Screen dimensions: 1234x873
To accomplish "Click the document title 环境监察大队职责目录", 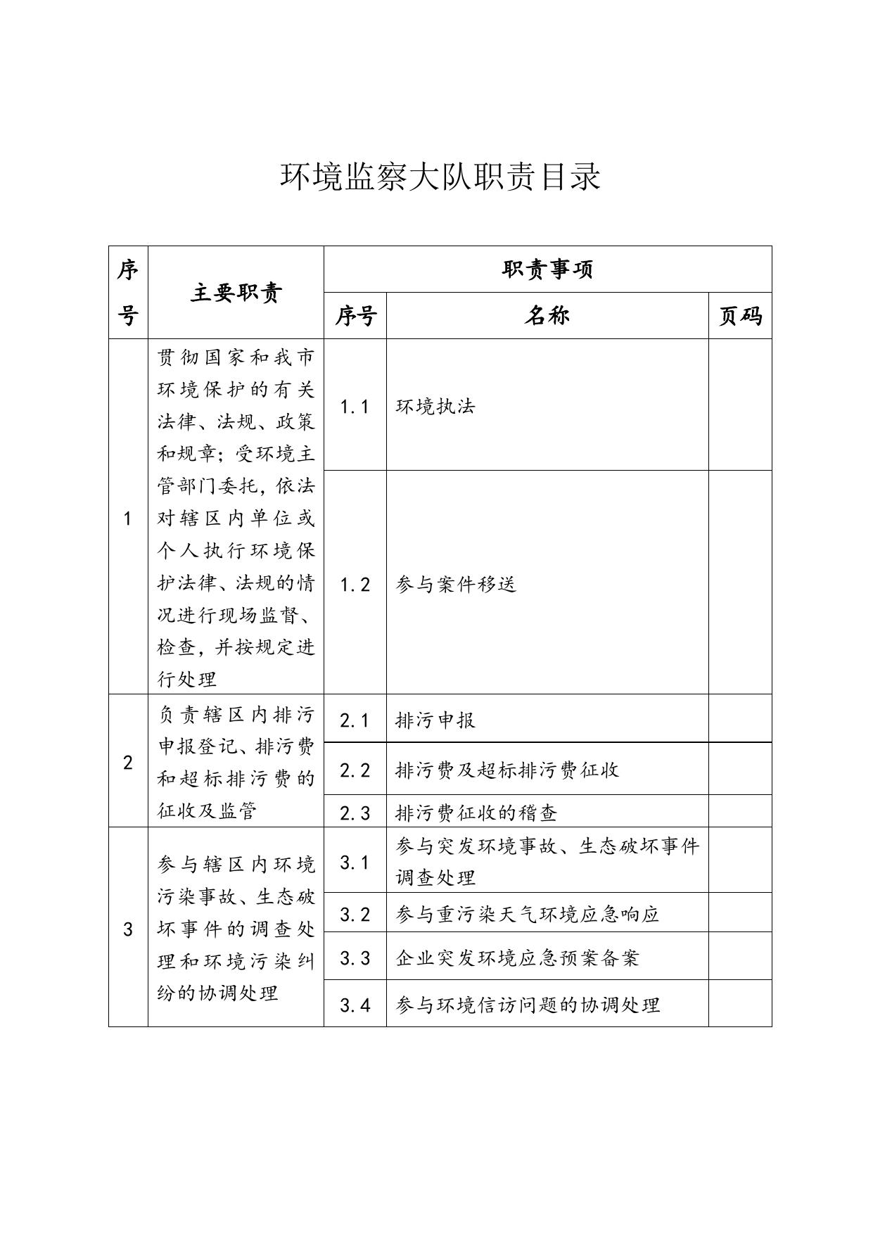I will pos(440,177).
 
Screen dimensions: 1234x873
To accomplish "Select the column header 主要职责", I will pos(236,293).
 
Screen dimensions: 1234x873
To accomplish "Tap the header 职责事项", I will pos(547,269).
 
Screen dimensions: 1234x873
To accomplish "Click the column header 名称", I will pos(547,316).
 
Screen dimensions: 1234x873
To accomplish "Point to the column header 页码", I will pos(739,316).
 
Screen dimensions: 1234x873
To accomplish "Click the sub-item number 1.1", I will pos(355,407).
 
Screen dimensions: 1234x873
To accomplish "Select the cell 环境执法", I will pos(435,407).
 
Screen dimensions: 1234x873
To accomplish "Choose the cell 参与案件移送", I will pos(456,584).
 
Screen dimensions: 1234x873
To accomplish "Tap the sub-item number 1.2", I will pos(355,584).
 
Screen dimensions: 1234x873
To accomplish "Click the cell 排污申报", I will pos(435,720).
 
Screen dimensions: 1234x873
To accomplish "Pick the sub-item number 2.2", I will pos(355,770).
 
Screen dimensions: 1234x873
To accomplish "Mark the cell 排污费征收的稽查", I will pos(476,813).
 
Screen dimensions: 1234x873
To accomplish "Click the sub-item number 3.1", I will pos(355,862).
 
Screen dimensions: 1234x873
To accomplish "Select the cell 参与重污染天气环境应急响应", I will pos(528,914).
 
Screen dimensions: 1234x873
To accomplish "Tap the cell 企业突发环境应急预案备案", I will pos(517,958).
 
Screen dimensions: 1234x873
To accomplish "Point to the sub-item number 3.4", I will pos(355,1005).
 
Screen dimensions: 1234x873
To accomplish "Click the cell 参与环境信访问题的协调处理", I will pos(528,1005).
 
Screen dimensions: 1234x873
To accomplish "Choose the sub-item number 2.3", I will pos(355,813).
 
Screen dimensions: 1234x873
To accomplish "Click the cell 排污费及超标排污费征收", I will pos(507,770).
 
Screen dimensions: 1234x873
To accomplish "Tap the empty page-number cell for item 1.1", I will pos(739,405).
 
